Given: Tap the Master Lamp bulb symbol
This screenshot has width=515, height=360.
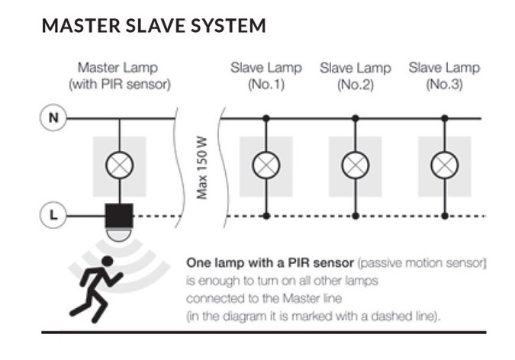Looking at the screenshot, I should [119, 164].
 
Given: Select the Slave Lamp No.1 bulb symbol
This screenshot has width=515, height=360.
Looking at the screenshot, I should [266, 164].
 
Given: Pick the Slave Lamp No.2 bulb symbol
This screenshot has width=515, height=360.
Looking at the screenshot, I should [355, 164].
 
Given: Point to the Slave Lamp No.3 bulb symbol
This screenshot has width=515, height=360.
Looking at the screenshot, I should [444, 164].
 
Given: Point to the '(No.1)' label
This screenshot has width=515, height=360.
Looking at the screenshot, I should [266, 84].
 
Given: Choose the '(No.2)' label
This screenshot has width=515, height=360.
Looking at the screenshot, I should [355, 84].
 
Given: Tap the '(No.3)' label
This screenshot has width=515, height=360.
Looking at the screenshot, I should [444, 84].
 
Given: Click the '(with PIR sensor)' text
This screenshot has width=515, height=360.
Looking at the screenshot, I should [119, 84].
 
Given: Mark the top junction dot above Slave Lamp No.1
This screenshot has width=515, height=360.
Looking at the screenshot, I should [266, 118].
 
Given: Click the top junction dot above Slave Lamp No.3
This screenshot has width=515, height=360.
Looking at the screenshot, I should [444, 118].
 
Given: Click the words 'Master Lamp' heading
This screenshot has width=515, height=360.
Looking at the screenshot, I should [119, 68].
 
